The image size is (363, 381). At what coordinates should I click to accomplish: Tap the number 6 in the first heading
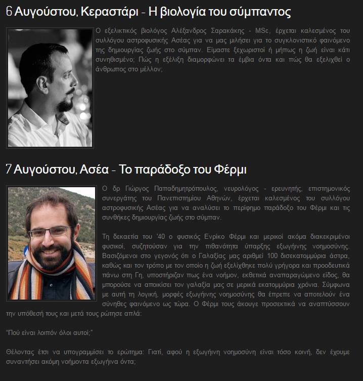(9, 13)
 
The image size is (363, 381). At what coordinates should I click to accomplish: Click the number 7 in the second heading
(8, 169)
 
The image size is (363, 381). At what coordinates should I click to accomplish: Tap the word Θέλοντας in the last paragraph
(19, 352)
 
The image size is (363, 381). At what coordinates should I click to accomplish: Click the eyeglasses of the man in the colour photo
(49, 232)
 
